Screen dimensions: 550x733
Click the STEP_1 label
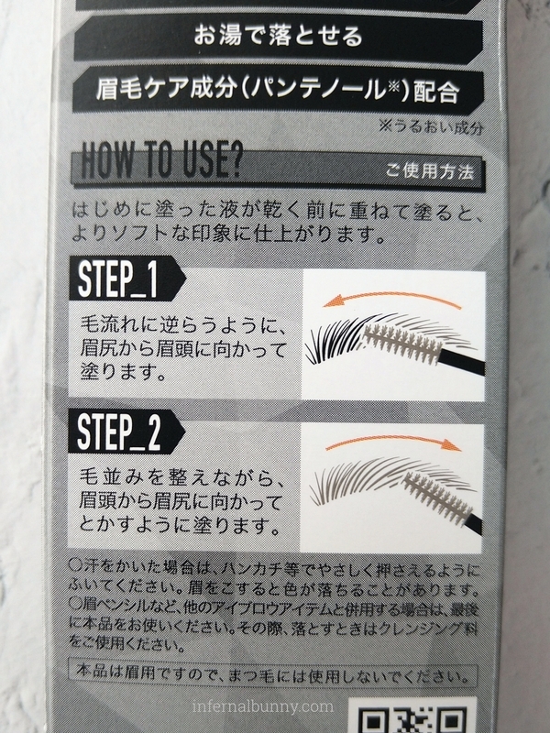pyautogui.click(x=118, y=279)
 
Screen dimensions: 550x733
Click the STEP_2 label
pyautogui.click(x=119, y=432)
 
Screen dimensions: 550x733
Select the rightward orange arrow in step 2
pyautogui.click(x=394, y=442)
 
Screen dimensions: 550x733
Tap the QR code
pyautogui.click(x=414, y=716)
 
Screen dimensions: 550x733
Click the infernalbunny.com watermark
pyautogui.click(x=263, y=706)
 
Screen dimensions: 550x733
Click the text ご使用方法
pyautogui.click(x=429, y=171)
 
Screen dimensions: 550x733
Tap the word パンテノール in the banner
pyautogui.click(x=322, y=89)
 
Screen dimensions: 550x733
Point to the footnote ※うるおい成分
pyautogui.click(x=431, y=127)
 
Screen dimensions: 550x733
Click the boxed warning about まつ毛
pyautogui.click(x=272, y=675)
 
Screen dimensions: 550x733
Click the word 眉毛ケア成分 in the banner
pyautogui.click(x=166, y=88)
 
